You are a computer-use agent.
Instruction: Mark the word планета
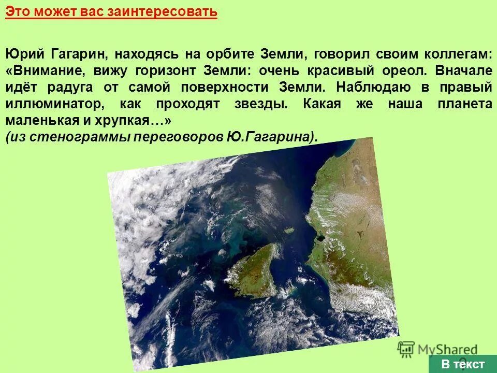pyautogui.click(x=464, y=103)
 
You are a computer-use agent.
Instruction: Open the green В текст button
pyautogui.click(x=462, y=363)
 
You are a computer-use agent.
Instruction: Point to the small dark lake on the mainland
pyautogui.click(x=319, y=238)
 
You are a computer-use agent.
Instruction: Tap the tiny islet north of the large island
pyautogui.click(x=290, y=229)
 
